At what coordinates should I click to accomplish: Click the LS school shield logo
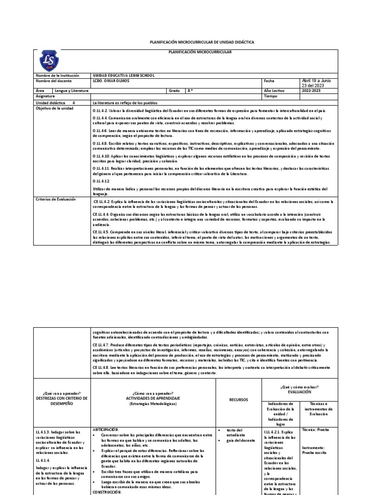(49, 61)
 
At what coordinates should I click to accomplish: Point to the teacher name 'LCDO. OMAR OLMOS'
(111, 81)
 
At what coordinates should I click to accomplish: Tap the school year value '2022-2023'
(312, 90)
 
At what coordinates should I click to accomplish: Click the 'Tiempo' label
(271, 96)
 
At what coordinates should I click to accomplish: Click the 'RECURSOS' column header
(238, 400)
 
